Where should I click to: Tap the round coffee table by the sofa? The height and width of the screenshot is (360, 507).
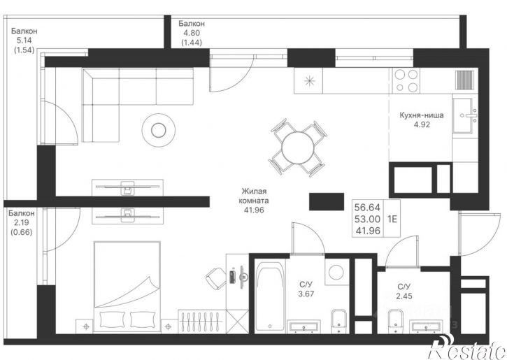click(159, 130)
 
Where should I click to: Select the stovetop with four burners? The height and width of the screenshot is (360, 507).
click(406, 80)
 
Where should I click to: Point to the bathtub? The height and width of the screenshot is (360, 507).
click(270, 296)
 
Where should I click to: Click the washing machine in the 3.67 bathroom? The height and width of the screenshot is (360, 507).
click(337, 272)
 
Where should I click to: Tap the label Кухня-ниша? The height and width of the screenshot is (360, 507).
click(422, 115)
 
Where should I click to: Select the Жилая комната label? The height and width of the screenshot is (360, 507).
click(254, 196)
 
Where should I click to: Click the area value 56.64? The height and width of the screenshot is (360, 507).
click(367, 207)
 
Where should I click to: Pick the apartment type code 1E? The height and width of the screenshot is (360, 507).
click(392, 219)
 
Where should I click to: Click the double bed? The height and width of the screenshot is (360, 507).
click(127, 287)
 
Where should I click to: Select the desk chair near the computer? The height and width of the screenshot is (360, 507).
click(215, 278)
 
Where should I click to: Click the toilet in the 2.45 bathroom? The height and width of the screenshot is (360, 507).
click(395, 321)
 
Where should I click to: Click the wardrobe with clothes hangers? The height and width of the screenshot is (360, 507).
click(202, 322)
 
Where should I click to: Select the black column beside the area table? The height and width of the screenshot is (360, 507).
click(327, 201)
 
